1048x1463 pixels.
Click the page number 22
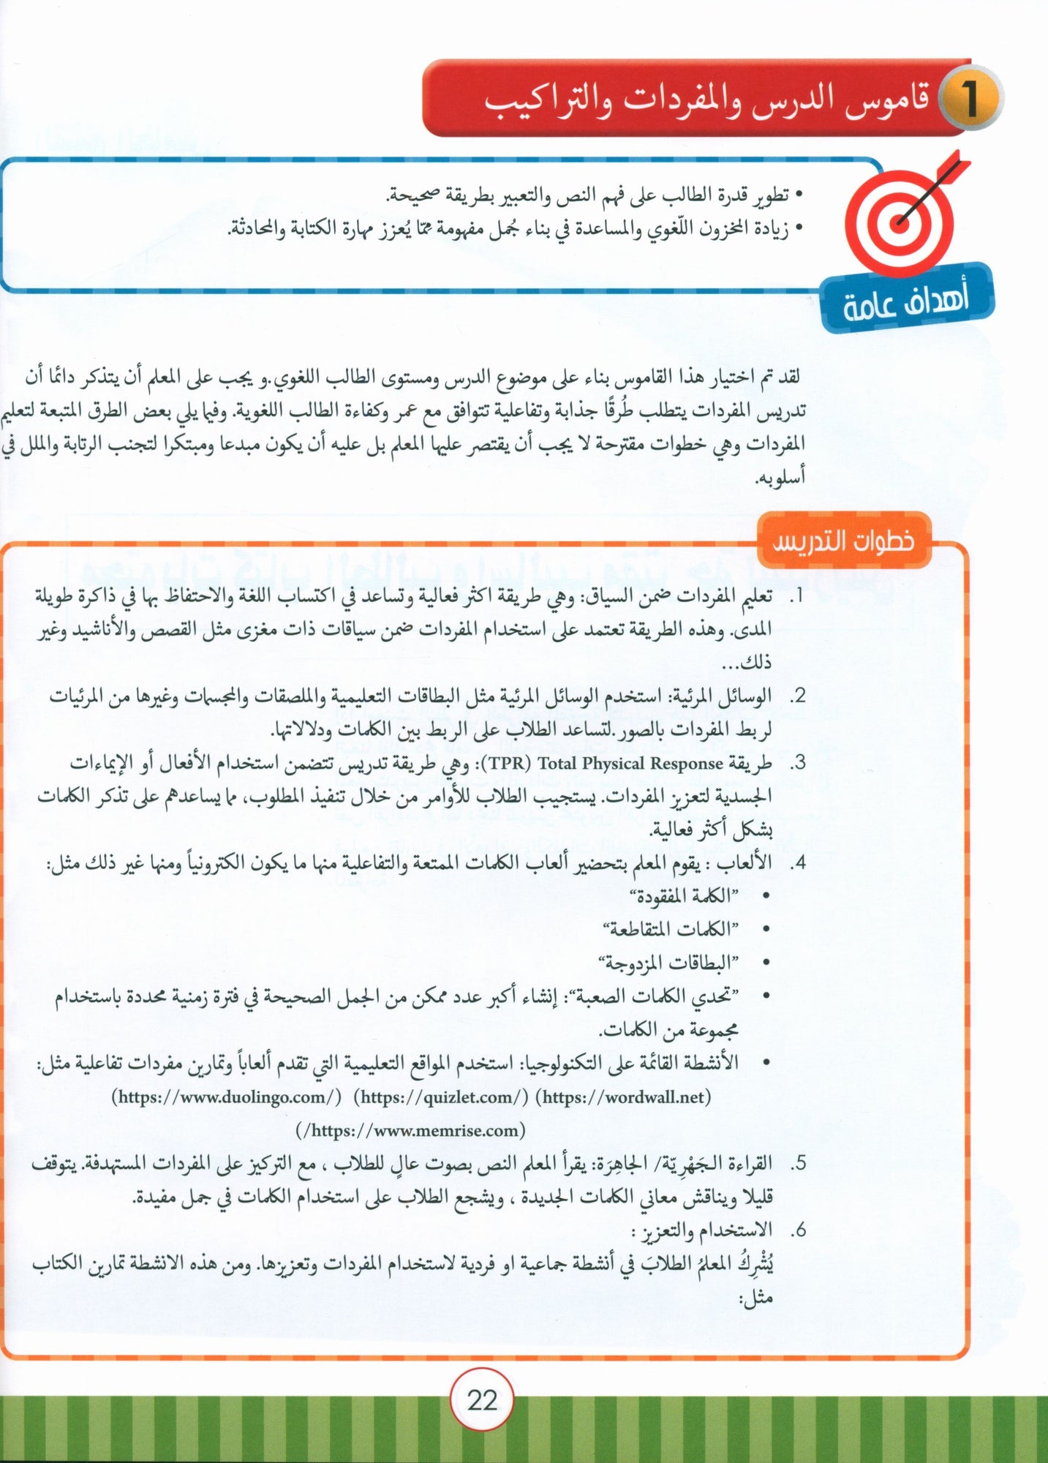pos(482,1400)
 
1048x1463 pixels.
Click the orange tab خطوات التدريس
pos(843,541)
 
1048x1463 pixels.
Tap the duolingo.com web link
pos(227,1097)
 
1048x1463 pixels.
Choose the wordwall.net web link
pos(624,1097)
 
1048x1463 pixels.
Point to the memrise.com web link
pos(411,1130)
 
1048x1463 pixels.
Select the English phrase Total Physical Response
pos(630,764)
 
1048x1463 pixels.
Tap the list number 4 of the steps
pos(798,863)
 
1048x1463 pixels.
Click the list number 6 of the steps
pos(798,1230)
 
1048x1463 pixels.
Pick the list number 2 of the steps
pos(798,696)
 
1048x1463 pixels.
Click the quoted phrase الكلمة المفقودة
pos(684,896)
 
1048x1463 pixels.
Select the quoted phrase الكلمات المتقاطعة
pos(670,929)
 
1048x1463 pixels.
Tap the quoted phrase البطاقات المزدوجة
pos(668,963)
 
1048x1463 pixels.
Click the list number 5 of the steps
pos(798,1163)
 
